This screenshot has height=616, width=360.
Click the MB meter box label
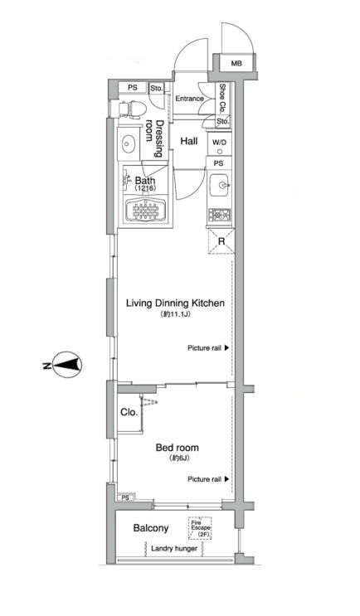tap(236, 63)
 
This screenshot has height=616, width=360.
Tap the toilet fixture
tap(133, 109)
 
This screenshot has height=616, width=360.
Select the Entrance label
tap(189, 98)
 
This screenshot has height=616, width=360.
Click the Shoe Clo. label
tap(222, 98)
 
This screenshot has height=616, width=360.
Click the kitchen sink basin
tap(221, 184)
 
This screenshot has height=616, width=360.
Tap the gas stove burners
tap(220, 215)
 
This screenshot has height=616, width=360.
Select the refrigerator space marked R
tap(221, 240)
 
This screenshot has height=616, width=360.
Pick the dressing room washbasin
tap(128, 143)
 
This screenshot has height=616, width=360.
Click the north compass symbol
tap(67, 365)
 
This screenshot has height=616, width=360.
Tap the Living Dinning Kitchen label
tap(175, 303)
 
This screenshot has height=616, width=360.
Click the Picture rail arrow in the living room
tap(226, 347)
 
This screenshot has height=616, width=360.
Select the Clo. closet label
tap(129, 413)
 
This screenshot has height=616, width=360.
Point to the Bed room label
tap(177, 447)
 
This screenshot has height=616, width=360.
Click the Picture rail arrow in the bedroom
tap(226, 479)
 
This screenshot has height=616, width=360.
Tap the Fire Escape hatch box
tap(200, 528)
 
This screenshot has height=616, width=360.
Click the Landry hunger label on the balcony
tap(173, 548)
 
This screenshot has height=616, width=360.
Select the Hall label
tap(188, 141)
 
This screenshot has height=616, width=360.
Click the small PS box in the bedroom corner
tap(126, 497)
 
